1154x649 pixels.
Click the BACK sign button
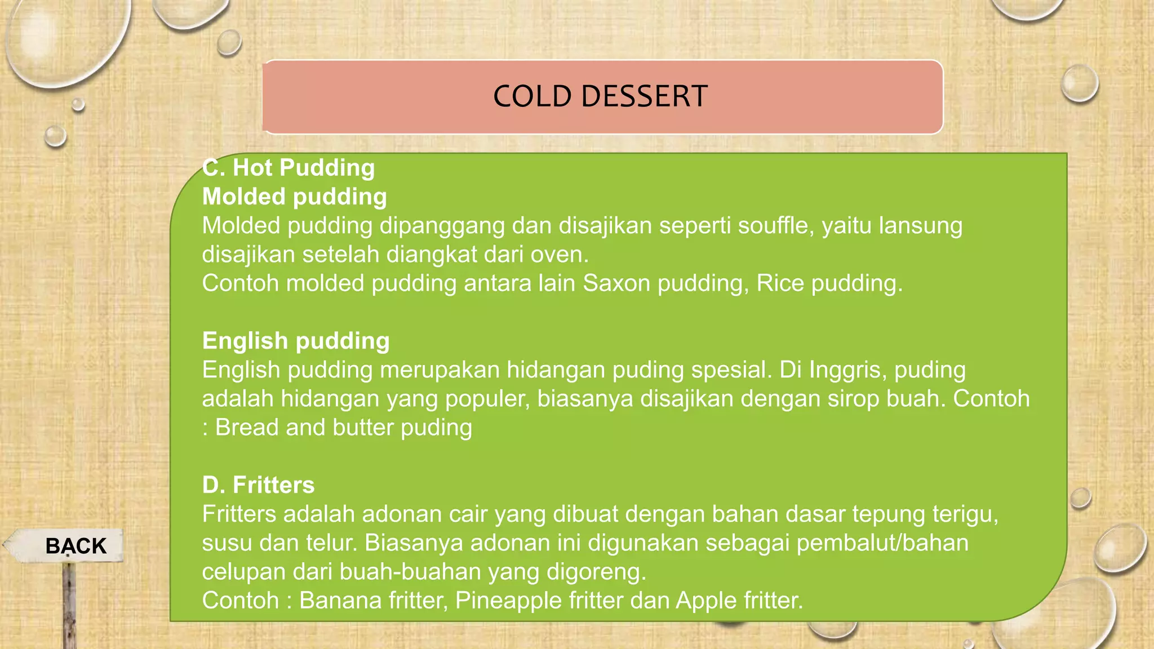pyautogui.click(x=75, y=546)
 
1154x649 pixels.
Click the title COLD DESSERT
pyautogui.click(x=600, y=96)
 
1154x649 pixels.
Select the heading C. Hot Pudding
pyautogui.click(x=288, y=168)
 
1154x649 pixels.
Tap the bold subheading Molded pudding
pyautogui.click(x=294, y=197)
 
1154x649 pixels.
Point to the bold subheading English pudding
pyautogui.click(x=296, y=341)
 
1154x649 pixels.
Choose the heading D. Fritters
pyautogui.click(x=258, y=485)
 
